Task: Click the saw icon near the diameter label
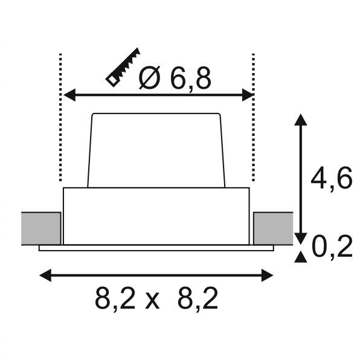coord(123,67)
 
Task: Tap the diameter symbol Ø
coord(149,77)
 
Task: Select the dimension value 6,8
coord(190,79)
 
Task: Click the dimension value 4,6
coord(331,178)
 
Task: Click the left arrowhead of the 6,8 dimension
coord(69,95)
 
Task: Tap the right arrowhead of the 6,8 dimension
coord(248,95)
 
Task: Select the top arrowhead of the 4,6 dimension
coord(301,120)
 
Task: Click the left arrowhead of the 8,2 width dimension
coord(45,275)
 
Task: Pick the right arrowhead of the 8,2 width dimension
coord(267,275)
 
